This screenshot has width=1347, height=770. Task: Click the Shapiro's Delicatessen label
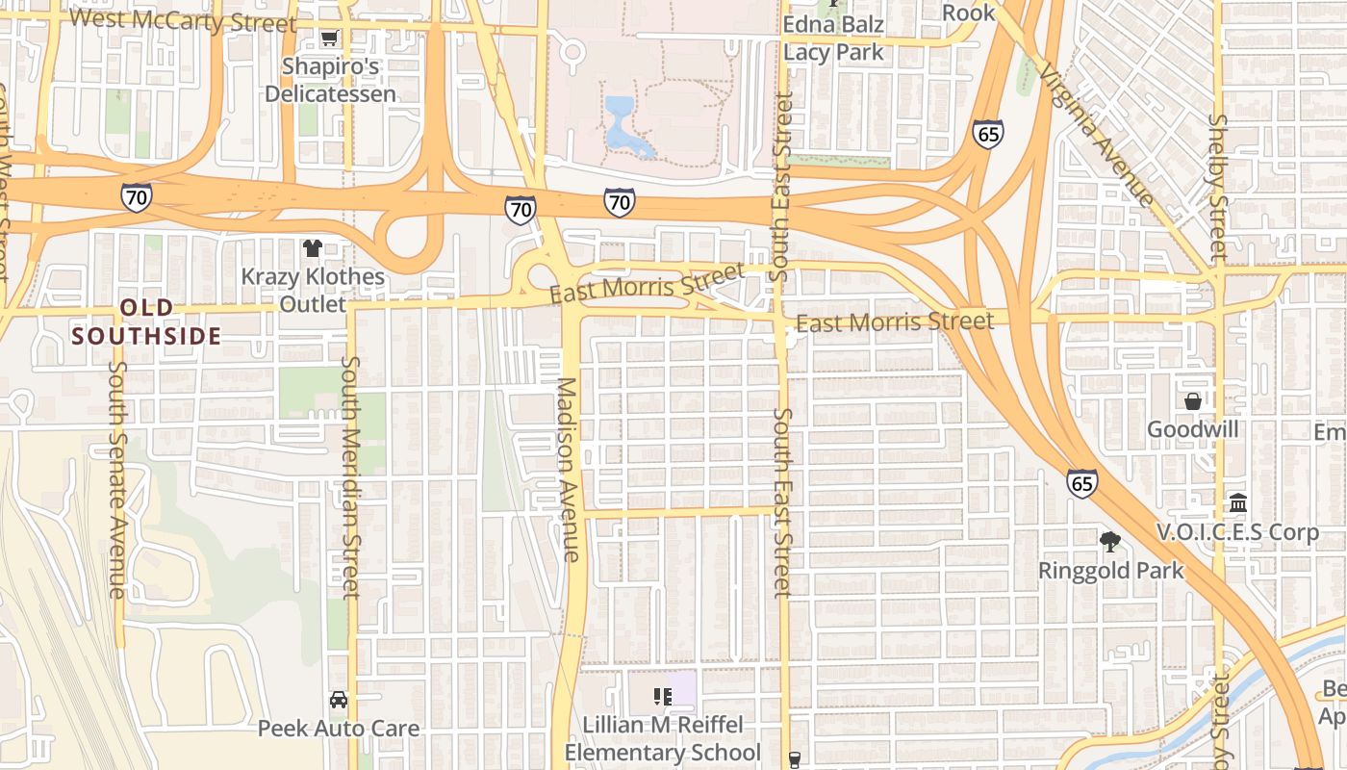click(330, 80)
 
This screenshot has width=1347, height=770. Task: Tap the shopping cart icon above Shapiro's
click(329, 38)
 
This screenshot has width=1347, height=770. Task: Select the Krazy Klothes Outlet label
click(312, 290)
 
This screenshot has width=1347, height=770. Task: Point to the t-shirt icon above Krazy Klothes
click(312, 248)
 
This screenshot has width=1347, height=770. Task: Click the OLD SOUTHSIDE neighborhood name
click(147, 321)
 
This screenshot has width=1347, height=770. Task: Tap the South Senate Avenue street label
click(117, 478)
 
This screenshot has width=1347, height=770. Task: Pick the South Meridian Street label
click(349, 476)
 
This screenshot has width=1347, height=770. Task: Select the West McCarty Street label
click(183, 19)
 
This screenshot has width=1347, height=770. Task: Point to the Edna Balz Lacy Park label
click(833, 38)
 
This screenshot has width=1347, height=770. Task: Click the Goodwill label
click(1192, 429)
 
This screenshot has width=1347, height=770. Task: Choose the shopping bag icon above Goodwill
click(1193, 401)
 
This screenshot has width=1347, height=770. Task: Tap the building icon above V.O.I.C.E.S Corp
click(1237, 503)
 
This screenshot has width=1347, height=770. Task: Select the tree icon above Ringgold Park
click(1110, 541)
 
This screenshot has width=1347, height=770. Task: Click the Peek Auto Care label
click(338, 728)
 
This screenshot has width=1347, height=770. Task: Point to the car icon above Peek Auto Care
click(338, 699)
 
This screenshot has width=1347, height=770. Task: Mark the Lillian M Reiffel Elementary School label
click(662, 738)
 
